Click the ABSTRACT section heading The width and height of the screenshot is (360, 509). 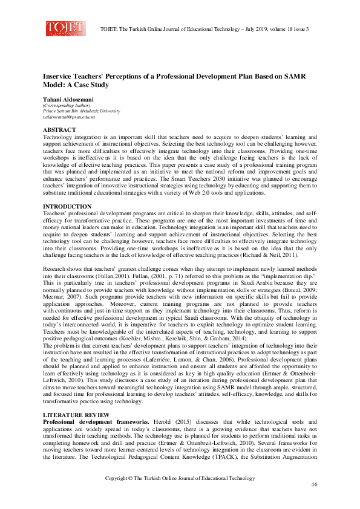point(59,130)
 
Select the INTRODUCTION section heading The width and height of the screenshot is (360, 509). point(67,207)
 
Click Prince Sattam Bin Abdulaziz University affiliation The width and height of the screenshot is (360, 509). point(82,112)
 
